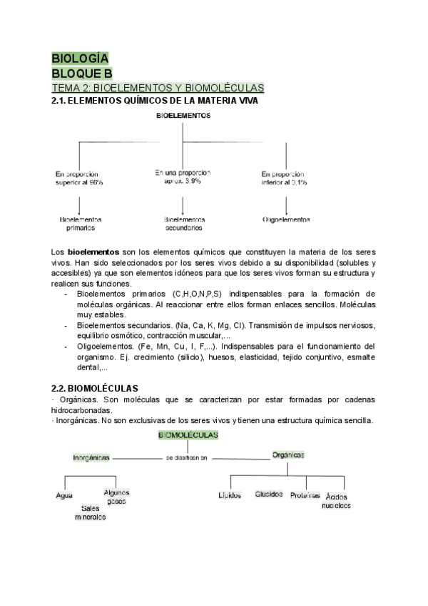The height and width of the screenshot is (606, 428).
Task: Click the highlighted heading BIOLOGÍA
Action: tap(80, 59)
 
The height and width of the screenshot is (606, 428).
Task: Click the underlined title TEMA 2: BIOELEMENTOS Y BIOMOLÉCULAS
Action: tap(158, 88)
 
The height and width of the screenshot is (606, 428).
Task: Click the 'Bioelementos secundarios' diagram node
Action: tap(184, 224)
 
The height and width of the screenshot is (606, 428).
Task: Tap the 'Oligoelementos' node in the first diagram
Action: tap(286, 219)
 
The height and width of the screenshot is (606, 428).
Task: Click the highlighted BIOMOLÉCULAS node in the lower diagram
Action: tap(184, 434)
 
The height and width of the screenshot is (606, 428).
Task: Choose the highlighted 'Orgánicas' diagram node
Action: tap(288, 454)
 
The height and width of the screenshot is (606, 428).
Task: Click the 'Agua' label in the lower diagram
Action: tap(64, 496)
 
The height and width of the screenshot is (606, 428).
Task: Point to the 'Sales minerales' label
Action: tap(90, 512)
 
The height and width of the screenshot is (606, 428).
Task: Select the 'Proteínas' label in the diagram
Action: tap(305, 495)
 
